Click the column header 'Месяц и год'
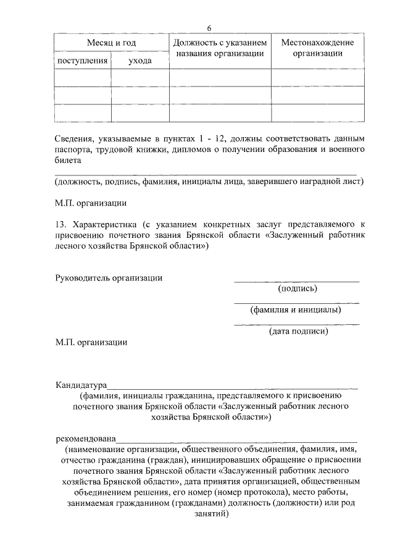(111, 43)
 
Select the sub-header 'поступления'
(82, 61)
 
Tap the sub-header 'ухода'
(140, 61)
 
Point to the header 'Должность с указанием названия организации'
(220, 48)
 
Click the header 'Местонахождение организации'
(317, 48)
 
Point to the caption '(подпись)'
(297, 288)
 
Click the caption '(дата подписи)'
(297, 331)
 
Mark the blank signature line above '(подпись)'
(296, 281)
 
